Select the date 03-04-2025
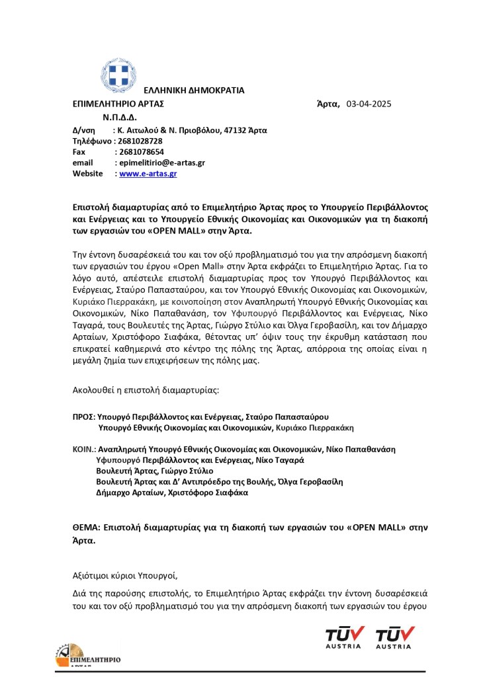369,104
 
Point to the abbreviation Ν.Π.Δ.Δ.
118,117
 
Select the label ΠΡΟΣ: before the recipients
83,418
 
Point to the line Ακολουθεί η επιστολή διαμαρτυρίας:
146,390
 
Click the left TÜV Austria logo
344,638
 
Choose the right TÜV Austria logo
395,638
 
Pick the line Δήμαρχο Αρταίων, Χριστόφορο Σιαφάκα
173,493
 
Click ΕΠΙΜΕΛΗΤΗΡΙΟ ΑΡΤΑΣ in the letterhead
118,104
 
